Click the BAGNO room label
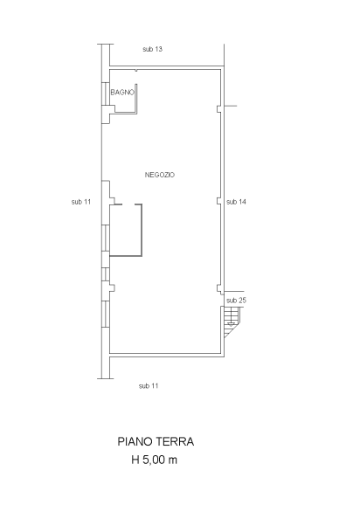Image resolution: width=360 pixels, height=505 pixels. point(122,92)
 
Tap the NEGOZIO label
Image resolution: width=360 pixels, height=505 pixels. point(160,175)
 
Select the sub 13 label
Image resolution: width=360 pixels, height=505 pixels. point(153,49)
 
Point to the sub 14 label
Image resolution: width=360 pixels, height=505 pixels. point(236,202)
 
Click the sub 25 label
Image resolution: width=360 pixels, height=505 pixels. point(236,301)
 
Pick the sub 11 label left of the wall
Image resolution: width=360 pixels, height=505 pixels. point(81,202)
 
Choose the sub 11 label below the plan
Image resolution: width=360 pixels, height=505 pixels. point(149,386)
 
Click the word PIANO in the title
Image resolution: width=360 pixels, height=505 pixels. point(135,441)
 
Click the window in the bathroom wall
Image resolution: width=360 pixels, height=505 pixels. point(106,93)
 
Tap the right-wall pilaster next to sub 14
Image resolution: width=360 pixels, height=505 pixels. point(218,201)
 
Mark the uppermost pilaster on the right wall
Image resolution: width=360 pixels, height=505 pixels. point(218,109)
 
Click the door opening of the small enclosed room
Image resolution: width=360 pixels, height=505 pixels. point(128,204)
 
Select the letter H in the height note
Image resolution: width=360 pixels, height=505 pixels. point(135,460)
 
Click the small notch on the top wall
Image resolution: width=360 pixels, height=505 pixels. point(136,70)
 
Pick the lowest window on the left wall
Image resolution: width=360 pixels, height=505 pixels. point(106,315)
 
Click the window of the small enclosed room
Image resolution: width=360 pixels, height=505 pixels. point(106,239)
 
